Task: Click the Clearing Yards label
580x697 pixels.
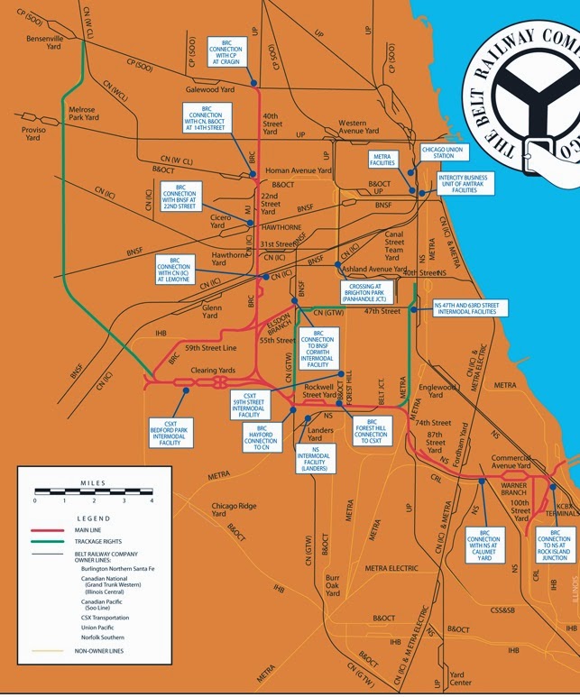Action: tap(213, 370)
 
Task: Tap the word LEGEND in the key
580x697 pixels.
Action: tap(92, 518)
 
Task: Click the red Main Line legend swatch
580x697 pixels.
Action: tap(51, 531)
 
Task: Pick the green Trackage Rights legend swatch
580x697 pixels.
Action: tap(51, 541)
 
